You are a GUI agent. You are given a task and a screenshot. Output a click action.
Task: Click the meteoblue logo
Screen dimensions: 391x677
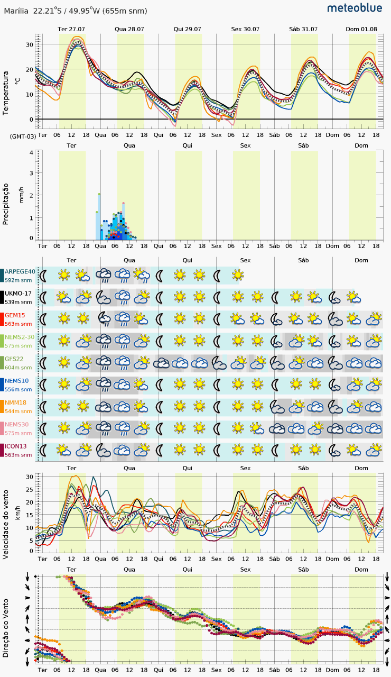[x=355, y=8]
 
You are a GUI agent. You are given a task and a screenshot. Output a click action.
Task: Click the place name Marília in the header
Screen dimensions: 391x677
[x=16, y=11]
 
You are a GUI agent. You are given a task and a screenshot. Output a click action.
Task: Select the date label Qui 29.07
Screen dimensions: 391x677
[x=187, y=29]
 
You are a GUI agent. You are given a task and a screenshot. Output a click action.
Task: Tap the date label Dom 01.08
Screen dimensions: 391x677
[x=361, y=29]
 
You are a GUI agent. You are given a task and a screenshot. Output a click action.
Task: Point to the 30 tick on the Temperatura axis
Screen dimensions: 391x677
[x=29, y=45]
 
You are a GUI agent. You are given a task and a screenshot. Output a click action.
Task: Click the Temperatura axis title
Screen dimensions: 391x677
[x=5, y=93]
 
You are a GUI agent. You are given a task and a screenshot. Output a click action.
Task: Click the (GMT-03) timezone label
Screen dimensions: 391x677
[x=23, y=136]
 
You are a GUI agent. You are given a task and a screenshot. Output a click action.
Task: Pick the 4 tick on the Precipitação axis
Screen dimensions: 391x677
[x=31, y=153]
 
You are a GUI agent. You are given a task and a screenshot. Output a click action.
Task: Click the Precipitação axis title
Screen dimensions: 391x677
[x=5, y=204]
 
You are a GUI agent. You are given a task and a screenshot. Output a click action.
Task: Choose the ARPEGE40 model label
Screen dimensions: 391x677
[x=20, y=272]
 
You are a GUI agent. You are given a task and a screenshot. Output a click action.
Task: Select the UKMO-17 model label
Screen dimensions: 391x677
[x=18, y=294]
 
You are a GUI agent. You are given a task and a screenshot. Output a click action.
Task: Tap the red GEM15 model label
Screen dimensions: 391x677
[x=15, y=315]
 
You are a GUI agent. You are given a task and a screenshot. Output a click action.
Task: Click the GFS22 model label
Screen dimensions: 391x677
[x=14, y=359]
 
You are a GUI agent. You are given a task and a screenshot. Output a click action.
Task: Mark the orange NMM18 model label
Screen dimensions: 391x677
[x=15, y=402]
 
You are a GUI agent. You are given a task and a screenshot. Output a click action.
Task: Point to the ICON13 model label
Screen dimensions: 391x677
[x=16, y=446]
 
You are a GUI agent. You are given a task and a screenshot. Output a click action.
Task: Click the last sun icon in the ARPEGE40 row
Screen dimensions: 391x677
[x=238, y=275]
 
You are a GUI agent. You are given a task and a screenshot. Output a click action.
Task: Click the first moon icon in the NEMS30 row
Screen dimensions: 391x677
[x=43, y=429]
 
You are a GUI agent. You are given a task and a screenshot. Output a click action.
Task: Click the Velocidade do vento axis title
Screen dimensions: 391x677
[x=5, y=525]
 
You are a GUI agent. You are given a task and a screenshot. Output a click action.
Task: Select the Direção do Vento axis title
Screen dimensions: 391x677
[x=5, y=628]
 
